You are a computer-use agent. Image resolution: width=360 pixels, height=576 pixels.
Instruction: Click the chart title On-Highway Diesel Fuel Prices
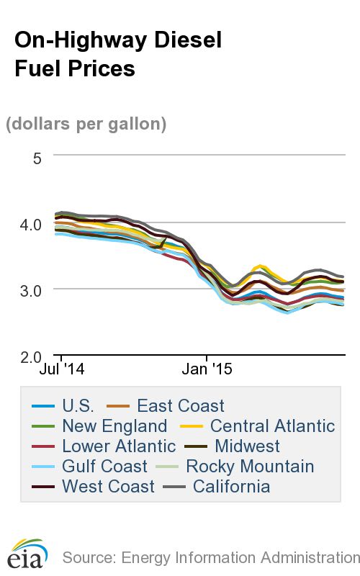coord(118,55)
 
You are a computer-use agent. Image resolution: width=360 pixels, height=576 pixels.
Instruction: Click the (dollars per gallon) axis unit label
coord(86,124)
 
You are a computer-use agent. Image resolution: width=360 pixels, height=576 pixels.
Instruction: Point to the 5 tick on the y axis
coord(37,156)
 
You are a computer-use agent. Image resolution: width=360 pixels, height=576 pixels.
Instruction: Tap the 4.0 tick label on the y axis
coord(30,224)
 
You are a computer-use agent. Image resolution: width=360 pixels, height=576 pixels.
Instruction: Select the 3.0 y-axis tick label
coord(30,290)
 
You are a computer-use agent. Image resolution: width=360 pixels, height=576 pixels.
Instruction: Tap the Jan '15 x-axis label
coord(206,371)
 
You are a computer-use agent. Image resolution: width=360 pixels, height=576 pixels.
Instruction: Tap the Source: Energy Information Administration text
coord(210,557)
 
